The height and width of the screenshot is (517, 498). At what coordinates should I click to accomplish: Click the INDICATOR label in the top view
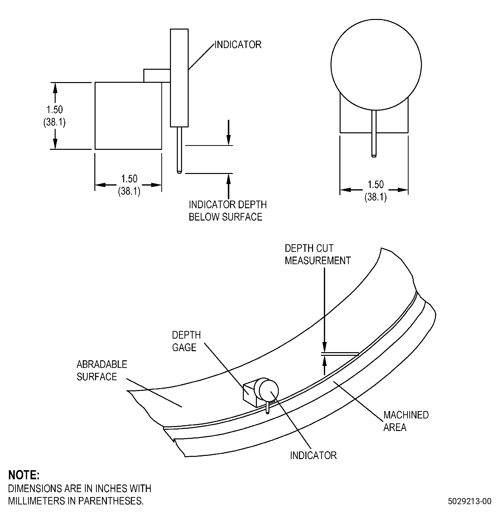coord(238,45)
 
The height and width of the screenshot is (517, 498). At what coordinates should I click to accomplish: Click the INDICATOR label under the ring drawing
coord(313,455)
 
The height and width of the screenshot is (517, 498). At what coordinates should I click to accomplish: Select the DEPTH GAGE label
coord(186,341)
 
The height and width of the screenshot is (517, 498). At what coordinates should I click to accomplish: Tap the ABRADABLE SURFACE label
coord(102,370)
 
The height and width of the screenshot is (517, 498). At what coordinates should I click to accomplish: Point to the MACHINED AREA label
coord(406,421)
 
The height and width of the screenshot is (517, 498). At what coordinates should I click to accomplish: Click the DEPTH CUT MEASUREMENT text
coord(318,254)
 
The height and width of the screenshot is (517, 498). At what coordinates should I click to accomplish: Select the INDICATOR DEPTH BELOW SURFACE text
coord(228,211)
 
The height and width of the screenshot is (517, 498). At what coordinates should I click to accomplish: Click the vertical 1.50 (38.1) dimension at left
coord(55,116)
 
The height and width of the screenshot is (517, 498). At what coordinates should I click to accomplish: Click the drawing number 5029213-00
coord(469,501)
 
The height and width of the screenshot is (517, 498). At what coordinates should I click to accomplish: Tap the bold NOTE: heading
coord(24,475)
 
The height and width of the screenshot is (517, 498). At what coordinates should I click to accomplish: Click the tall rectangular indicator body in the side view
coord(179,78)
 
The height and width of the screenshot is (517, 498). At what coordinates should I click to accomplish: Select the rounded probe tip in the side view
coord(179,172)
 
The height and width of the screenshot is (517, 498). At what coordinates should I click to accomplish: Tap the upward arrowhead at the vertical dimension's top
coord(55,87)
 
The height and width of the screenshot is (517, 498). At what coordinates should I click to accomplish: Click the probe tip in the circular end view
coord(374,156)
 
